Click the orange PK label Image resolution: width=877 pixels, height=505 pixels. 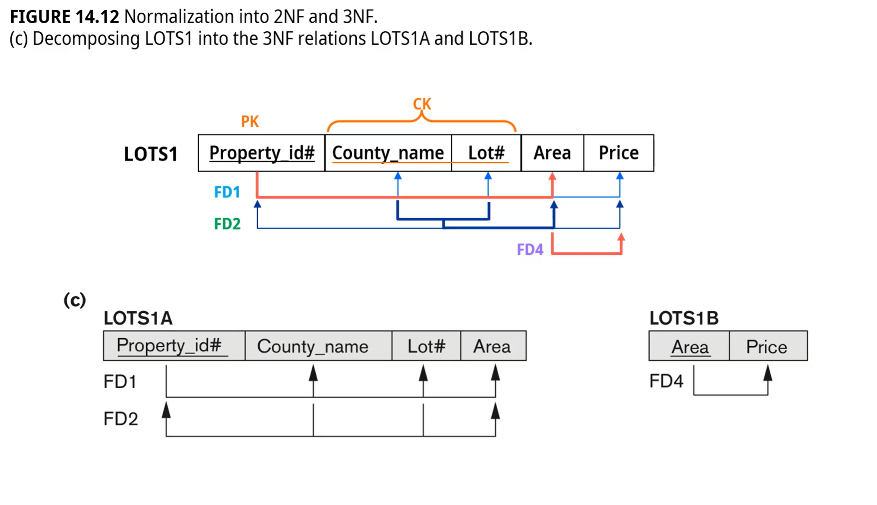click(249, 121)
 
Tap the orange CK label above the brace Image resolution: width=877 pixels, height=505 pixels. click(422, 104)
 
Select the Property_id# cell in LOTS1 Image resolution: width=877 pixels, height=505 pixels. click(262, 153)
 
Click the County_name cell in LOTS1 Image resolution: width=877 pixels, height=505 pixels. click(388, 153)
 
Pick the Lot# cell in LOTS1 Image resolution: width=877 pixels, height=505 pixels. click(486, 153)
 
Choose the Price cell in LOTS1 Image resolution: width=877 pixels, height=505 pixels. click(618, 153)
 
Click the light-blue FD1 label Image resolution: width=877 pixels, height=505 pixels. click(227, 192)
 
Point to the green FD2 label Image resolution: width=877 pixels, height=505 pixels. click(227, 224)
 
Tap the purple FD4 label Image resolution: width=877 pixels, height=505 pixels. click(530, 250)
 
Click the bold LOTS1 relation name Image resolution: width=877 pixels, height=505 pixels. click(150, 154)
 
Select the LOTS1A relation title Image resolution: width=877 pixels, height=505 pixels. click(138, 318)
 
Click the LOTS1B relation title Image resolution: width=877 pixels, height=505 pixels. click(684, 318)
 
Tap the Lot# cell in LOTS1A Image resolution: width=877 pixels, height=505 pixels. click(426, 346)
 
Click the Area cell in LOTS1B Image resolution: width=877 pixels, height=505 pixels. click(690, 347)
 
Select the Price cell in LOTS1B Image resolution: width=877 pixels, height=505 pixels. click(767, 347)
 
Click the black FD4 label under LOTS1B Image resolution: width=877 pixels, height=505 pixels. click(666, 381)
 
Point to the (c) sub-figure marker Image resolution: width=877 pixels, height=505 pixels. click(75, 300)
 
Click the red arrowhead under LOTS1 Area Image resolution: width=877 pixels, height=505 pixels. click(553, 177)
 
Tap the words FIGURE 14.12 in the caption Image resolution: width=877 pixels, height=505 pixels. click(64, 17)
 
